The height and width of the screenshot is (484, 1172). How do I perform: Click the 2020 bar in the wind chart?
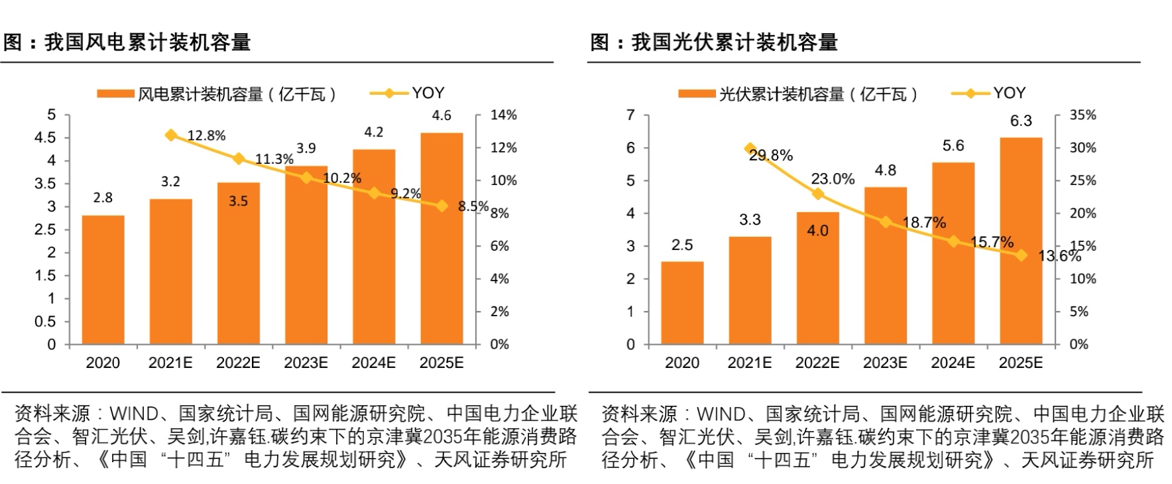(103, 280)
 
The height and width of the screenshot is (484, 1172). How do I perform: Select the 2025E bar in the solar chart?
(1020, 241)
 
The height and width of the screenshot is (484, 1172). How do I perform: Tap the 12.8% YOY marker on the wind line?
(171, 135)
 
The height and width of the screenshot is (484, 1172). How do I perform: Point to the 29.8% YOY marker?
(750, 149)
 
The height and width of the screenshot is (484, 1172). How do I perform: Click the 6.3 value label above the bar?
(1020, 121)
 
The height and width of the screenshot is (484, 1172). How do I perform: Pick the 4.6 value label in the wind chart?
(441, 116)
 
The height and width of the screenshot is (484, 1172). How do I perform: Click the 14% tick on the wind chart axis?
(503, 115)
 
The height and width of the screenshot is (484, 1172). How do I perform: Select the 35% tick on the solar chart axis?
(1083, 115)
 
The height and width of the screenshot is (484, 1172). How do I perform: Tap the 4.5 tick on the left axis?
(45, 138)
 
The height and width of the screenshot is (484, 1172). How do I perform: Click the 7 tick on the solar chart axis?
(630, 115)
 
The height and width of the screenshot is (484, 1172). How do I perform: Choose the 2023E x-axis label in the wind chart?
(306, 363)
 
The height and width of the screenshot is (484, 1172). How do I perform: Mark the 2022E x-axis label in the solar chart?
(817, 363)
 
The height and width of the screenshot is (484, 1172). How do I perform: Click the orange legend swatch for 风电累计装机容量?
(115, 94)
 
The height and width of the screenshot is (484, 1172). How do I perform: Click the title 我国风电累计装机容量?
(147, 42)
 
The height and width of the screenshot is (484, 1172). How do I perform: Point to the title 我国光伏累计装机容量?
(734, 42)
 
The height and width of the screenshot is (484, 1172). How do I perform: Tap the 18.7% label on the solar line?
(924, 223)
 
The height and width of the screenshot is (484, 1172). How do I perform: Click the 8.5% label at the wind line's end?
(473, 206)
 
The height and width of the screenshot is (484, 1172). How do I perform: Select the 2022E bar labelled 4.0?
(817, 278)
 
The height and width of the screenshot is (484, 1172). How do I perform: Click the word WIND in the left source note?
(133, 414)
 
